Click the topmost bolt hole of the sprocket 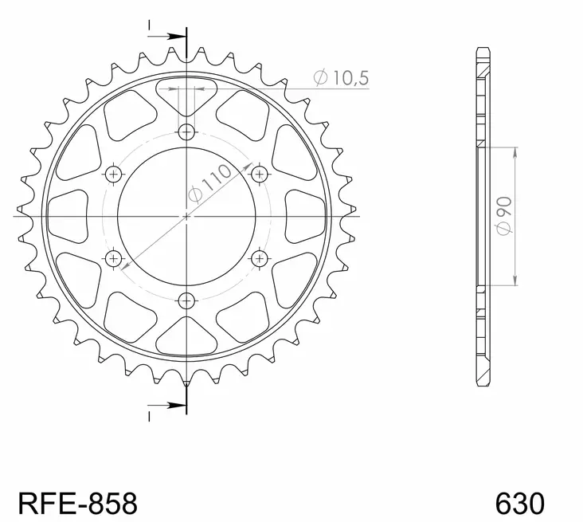186,131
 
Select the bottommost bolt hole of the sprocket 186,300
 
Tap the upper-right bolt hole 259,174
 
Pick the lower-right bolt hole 259,257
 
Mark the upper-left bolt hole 113,174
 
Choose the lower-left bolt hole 113,257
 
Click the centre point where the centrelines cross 186,215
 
